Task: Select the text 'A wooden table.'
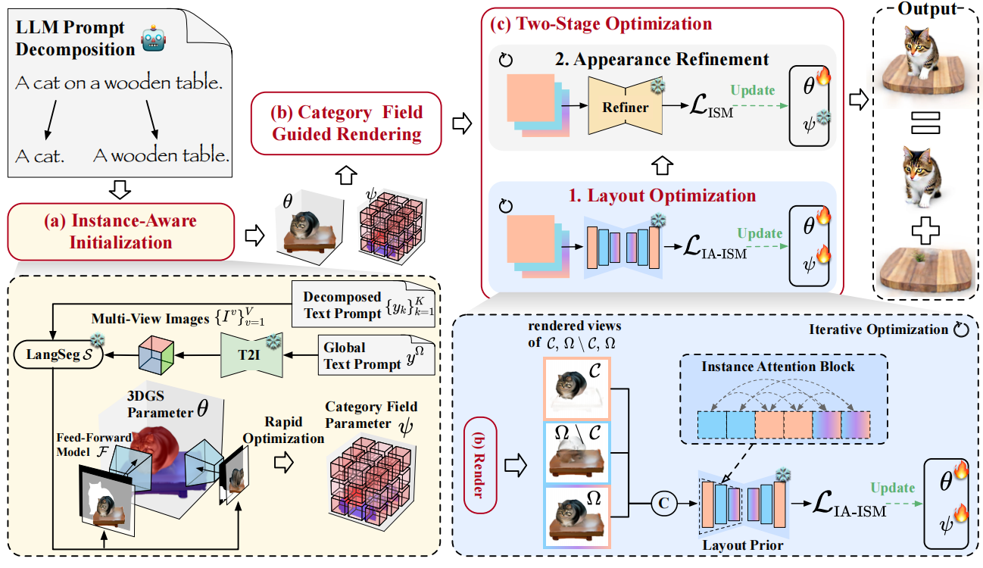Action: click(161, 156)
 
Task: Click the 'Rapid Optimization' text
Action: click(295, 429)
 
